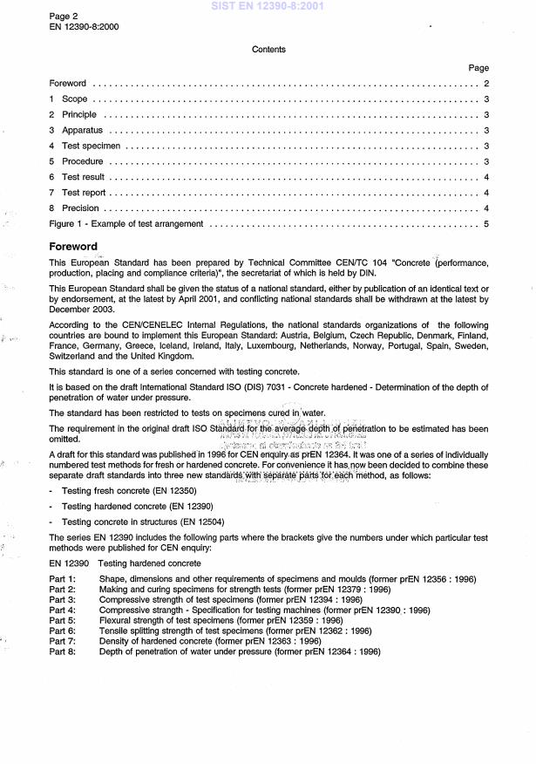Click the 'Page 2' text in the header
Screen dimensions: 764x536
coord(64,16)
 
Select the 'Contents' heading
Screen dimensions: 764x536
coord(268,50)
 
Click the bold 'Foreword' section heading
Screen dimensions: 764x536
coord(73,246)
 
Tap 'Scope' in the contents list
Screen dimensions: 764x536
coord(74,99)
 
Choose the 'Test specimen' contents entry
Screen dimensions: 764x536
coord(91,146)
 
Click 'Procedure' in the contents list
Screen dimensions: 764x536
coord(82,161)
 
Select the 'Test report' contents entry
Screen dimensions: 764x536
coord(84,193)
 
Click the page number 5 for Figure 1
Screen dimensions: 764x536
coord(486,224)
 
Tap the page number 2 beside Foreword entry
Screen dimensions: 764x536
coord(486,84)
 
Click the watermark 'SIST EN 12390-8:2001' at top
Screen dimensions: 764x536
coord(268,6)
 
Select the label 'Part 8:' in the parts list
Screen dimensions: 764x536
coord(63,651)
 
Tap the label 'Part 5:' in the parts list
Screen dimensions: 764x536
coord(63,621)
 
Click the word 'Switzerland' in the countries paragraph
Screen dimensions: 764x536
coord(73,357)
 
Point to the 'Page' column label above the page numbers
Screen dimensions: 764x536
coord(478,68)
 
